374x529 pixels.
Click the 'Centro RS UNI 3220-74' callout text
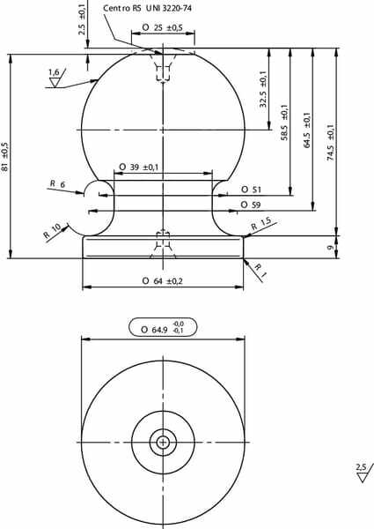(147, 8)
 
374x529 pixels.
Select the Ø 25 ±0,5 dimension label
(162, 27)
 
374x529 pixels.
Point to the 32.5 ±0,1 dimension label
(263, 89)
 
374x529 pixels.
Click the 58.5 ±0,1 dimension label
(284, 123)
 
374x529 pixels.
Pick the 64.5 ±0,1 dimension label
(306, 130)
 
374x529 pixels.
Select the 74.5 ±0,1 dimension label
(331, 142)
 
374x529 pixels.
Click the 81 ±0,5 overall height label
(5, 157)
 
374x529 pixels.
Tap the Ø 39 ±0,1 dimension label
(139, 167)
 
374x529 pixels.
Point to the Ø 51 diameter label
(251, 190)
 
